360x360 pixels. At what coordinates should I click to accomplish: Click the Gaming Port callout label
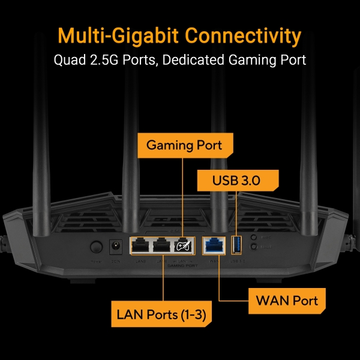pyautogui.click(x=184, y=145)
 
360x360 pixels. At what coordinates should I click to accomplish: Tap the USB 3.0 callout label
pyautogui.click(x=237, y=180)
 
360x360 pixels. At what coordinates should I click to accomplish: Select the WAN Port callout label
pyautogui.click(x=287, y=299)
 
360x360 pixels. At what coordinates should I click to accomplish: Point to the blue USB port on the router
pyautogui.click(x=235, y=244)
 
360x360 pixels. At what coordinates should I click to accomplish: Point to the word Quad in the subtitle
pyautogui.click(x=68, y=60)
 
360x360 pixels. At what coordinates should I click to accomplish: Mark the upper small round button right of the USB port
pyautogui.click(x=254, y=238)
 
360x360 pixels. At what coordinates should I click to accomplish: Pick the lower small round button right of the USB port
pyautogui.click(x=254, y=247)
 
